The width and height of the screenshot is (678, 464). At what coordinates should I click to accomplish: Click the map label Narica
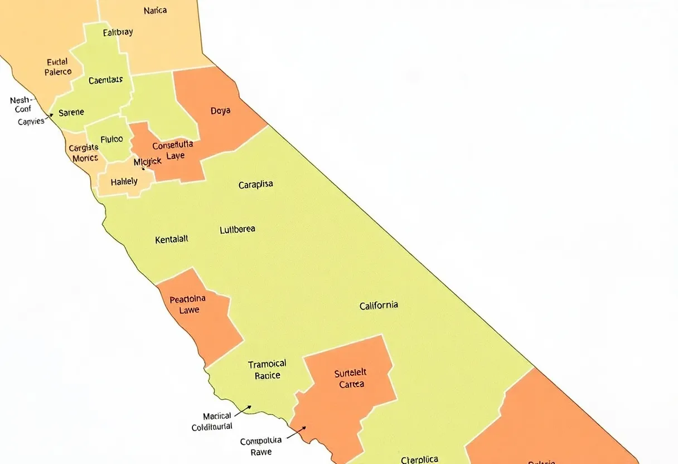click(155, 11)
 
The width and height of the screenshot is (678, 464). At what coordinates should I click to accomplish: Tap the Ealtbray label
click(118, 32)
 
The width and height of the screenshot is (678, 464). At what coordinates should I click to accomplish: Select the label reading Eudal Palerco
click(57, 67)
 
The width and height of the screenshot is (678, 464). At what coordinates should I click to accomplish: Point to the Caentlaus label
click(105, 80)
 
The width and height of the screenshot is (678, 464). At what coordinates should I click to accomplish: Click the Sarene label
click(71, 112)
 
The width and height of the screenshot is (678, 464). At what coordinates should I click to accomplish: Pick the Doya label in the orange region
click(220, 111)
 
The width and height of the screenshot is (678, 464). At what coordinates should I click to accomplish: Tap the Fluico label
click(112, 139)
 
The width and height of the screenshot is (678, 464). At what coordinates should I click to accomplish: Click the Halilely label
click(124, 182)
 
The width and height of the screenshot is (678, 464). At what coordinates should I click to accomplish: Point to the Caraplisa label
click(255, 185)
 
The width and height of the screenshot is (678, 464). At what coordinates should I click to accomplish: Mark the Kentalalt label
click(172, 239)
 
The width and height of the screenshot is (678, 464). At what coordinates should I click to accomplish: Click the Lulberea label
click(238, 229)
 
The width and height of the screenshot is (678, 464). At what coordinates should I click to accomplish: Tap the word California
click(379, 306)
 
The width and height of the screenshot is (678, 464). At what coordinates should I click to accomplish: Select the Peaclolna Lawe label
click(187, 304)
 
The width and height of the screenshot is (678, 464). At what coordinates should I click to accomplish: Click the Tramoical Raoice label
click(267, 370)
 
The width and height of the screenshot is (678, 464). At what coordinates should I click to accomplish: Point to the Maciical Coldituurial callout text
click(212, 422)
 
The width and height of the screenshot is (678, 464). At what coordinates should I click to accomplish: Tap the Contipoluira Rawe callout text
click(261, 447)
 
